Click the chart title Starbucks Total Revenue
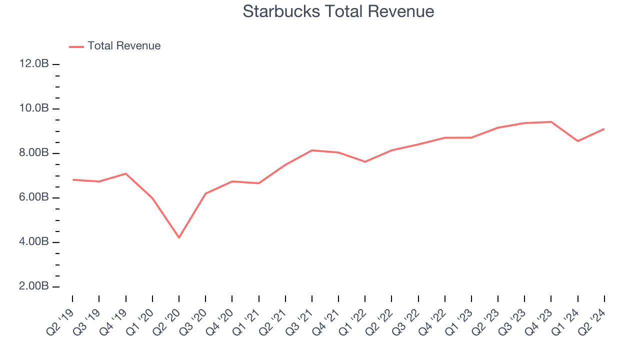coord(338,11)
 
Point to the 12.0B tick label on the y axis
coord(34,64)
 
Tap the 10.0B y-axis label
coord(34,108)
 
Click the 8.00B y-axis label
coord(34,153)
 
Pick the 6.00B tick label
coord(34,197)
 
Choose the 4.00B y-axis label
coord(34,242)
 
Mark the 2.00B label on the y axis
coord(34,286)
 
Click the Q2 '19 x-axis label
coord(59,320)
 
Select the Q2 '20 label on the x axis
coord(166,320)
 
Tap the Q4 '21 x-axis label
coord(325,320)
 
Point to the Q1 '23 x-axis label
coord(458,320)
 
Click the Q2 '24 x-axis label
coord(591,320)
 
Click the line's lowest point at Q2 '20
coord(179,237)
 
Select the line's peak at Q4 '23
coord(551,121)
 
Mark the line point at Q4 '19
coord(125,173)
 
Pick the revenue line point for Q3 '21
coord(312,150)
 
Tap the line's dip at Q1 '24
coord(578,141)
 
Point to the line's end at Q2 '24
coord(604,129)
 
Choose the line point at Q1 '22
coord(365,161)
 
